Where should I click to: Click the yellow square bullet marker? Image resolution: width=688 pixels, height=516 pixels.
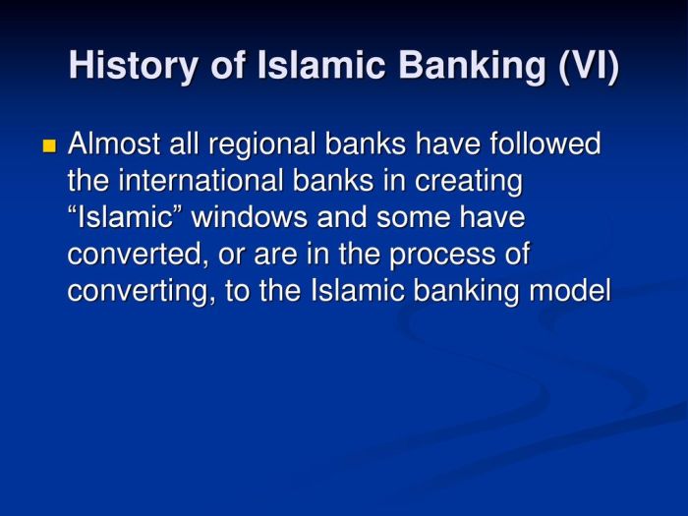(50, 146)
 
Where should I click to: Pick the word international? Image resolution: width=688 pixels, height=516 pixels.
(204, 182)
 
